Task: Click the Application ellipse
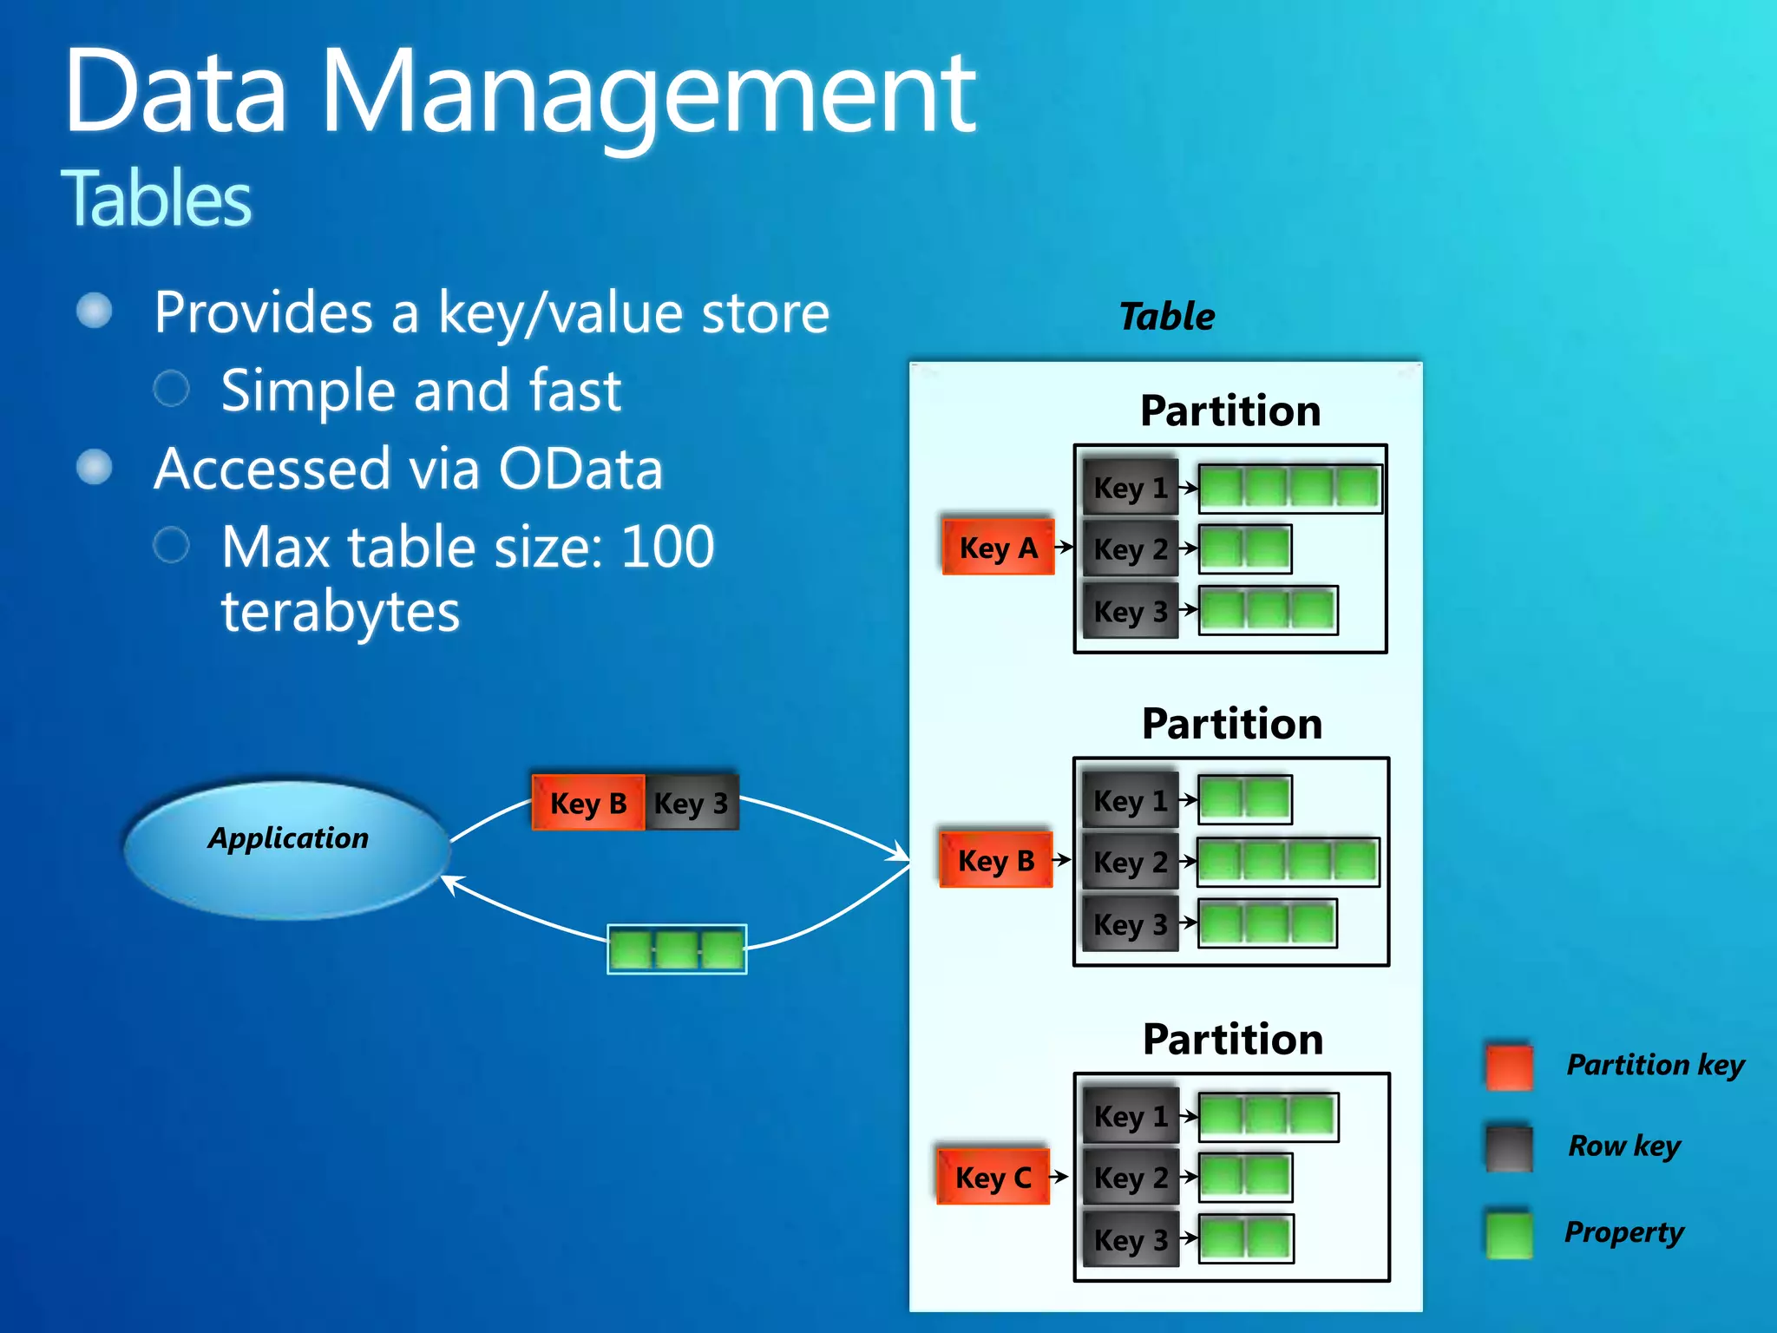(x=287, y=849)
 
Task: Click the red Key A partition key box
(x=998, y=548)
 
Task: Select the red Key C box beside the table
(x=993, y=1177)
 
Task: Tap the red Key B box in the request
(x=587, y=803)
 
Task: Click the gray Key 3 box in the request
(x=692, y=803)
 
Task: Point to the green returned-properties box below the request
(x=677, y=949)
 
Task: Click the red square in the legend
(x=1509, y=1066)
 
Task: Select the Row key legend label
(x=1623, y=1146)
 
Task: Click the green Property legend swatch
(x=1509, y=1233)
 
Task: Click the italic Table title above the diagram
(x=1166, y=316)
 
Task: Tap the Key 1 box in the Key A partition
(x=1130, y=487)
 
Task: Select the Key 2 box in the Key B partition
(x=1130, y=862)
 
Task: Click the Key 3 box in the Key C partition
(x=1130, y=1239)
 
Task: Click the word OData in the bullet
(x=580, y=470)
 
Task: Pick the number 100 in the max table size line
(x=667, y=548)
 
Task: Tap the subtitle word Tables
(x=156, y=199)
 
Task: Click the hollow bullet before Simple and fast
(x=171, y=389)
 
